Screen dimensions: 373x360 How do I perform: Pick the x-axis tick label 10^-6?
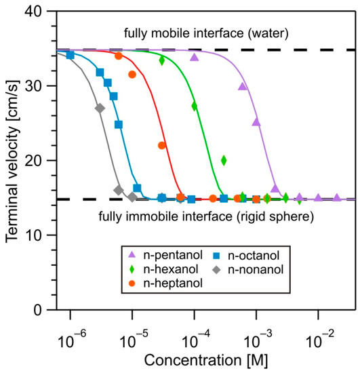(70, 330)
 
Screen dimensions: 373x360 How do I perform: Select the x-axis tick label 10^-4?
(194, 330)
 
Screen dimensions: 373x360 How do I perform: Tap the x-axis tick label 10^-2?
(318, 330)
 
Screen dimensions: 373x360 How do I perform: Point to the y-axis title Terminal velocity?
(12, 161)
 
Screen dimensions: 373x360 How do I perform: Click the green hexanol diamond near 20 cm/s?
(224, 160)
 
